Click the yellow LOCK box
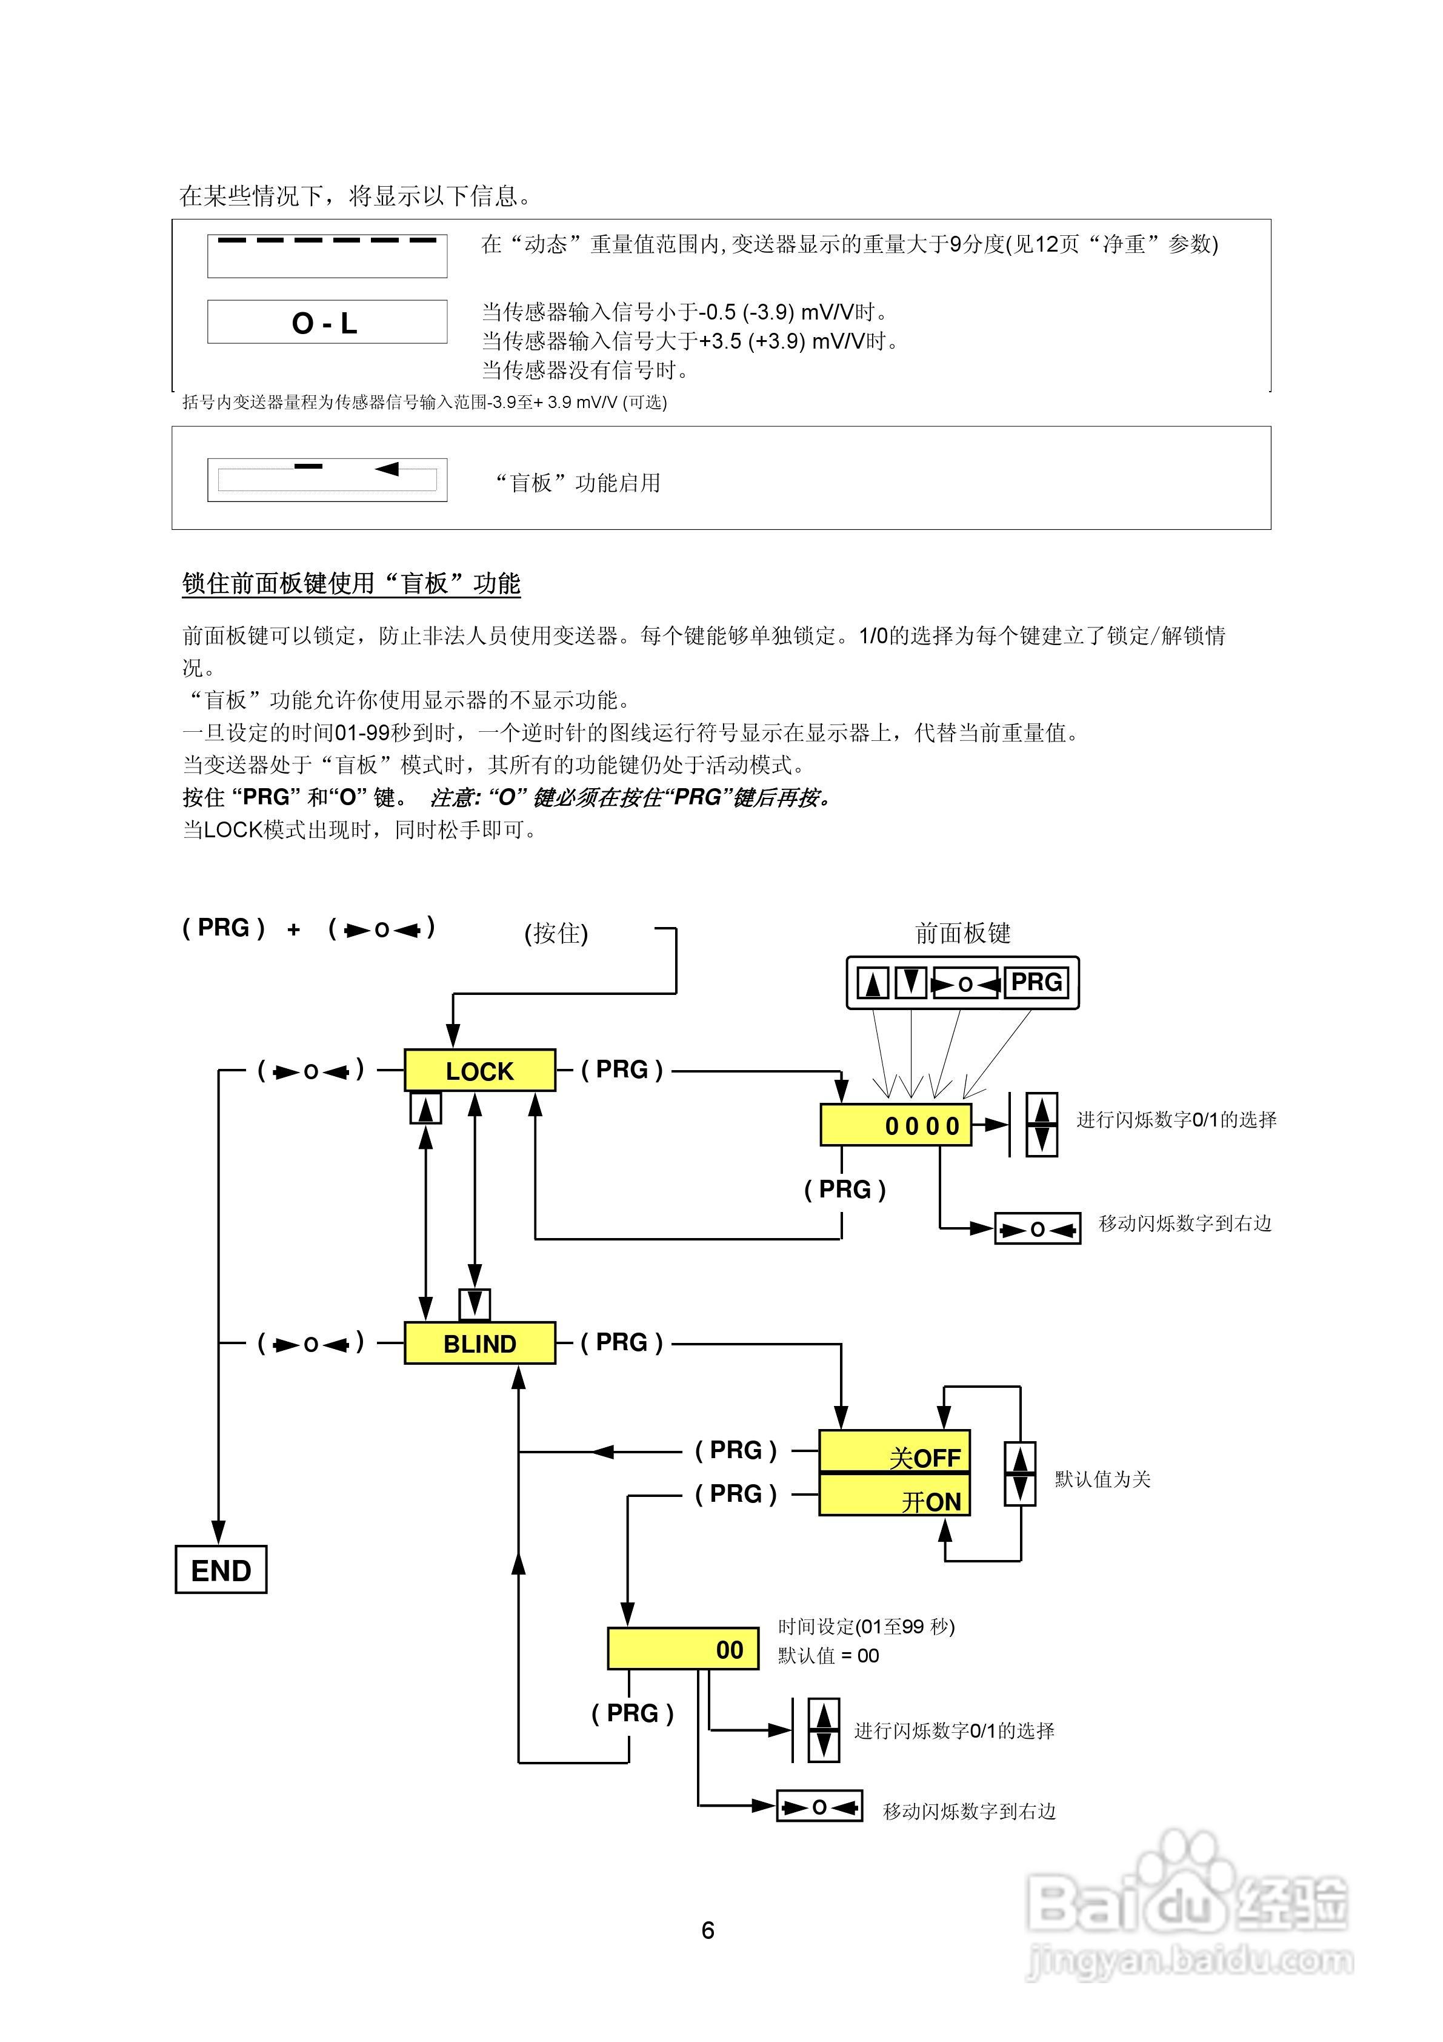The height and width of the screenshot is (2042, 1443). tap(479, 1070)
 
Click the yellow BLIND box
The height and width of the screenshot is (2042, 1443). tap(479, 1343)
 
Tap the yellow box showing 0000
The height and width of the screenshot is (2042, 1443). tap(895, 1125)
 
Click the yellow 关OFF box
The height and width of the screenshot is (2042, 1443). tap(893, 1451)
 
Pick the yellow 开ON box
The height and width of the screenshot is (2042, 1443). tap(893, 1496)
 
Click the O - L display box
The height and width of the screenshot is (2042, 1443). tap(326, 322)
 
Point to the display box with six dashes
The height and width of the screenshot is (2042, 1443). tap(326, 255)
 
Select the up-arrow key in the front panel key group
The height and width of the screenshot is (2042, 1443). tap(872, 983)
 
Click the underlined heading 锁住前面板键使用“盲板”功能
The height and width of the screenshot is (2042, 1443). tap(351, 583)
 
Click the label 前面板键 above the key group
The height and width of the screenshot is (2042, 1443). tap(963, 933)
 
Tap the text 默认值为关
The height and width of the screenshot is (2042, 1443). tap(1102, 1479)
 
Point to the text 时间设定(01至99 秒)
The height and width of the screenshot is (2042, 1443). tap(866, 1627)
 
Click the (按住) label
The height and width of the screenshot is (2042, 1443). tap(556, 933)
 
